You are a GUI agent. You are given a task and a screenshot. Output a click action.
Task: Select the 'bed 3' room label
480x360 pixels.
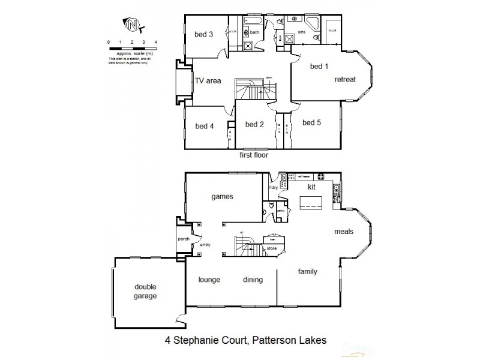[x=203, y=35]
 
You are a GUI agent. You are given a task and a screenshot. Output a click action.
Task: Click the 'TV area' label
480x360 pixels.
[x=207, y=81]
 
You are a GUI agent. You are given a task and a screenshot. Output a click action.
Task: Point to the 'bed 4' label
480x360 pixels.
[x=204, y=126]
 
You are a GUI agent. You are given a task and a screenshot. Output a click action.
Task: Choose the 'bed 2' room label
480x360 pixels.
[x=254, y=124]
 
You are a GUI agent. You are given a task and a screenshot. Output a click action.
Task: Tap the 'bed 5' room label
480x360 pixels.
[x=311, y=123]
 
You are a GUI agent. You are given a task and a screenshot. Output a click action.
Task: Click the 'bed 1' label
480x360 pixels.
[x=319, y=66]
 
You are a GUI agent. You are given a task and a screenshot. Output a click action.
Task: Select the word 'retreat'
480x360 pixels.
[x=345, y=79]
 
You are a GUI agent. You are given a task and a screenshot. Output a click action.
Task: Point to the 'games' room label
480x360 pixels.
[x=221, y=196]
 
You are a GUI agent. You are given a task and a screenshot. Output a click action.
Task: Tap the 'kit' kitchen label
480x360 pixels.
[x=311, y=188]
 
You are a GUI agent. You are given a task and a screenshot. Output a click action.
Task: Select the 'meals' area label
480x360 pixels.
[x=344, y=231]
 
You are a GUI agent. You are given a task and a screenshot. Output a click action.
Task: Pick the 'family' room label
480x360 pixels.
[x=308, y=272]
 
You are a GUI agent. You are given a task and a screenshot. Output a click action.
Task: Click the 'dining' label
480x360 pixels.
[x=253, y=280]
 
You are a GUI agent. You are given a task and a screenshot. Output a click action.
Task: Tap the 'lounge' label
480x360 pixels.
[x=210, y=280]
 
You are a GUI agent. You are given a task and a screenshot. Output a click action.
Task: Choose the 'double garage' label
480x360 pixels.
[x=145, y=292]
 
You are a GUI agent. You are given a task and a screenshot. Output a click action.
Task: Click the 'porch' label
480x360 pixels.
[x=184, y=239]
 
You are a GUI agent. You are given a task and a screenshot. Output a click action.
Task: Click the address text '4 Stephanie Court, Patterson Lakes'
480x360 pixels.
[x=245, y=340]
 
